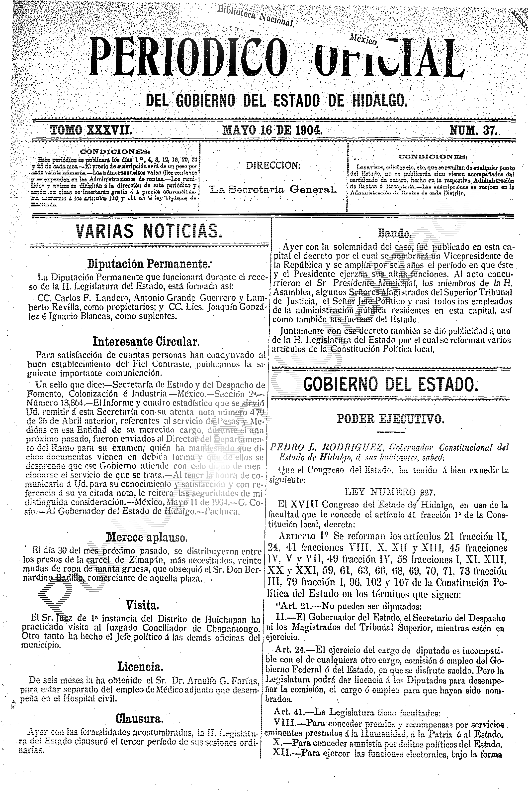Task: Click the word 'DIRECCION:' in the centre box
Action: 273,165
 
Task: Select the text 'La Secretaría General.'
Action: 273,189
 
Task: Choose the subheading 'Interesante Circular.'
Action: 146,342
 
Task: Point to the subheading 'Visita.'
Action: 142,605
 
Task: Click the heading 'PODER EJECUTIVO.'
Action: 391,419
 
